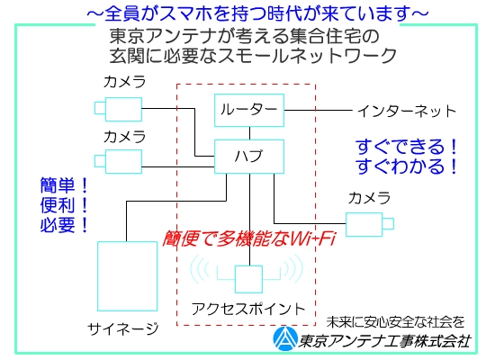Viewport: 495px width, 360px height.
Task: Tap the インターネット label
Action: click(x=407, y=112)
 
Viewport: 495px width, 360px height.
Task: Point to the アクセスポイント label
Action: click(x=248, y=309)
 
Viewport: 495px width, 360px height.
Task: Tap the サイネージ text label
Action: click(x=123, y=329)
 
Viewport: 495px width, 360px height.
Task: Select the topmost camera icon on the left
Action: click(x=119, y=109)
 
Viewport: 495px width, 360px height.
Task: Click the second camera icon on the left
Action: click(x=119, y=161)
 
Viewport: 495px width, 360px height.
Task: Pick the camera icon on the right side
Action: click(x=370, y=224)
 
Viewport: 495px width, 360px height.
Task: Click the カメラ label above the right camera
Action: click(x=369, y=198)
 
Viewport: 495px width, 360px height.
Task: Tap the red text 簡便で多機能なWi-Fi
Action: click(x=248, y=238)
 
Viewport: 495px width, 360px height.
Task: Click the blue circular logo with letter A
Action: click(x=285, y=338)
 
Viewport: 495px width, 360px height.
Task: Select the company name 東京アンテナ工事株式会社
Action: click(x=385, y=341)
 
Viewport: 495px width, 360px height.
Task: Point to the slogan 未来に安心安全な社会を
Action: click(x=396, y=322)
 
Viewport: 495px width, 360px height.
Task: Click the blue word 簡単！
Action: click(x=64, y=185)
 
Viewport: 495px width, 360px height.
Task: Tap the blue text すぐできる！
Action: click(x=407, y=147)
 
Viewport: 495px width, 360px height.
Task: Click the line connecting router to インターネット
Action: click(x=319, y=110)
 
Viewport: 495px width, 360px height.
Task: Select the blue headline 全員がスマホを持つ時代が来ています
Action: click(x=258, y=13)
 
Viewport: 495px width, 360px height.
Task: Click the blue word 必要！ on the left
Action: click(x=64, y=225)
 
